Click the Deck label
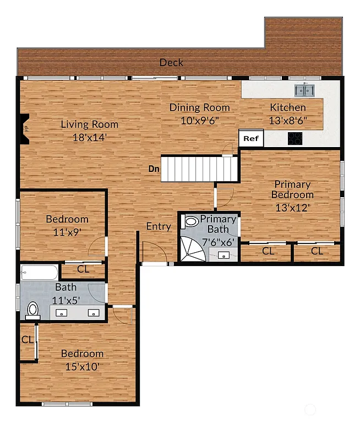[x=171, y=62]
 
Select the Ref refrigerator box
[x=251, y=139]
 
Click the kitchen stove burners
[x=295, y=138]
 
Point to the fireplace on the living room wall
[x=24, y=129]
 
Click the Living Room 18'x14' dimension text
[x=89, y=138]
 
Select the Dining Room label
[x=199, y=107]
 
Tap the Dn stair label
[x=154, y=169]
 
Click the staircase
[x=199, y=168]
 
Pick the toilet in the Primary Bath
[x=190, y=222]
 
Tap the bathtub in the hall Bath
[x=39, y=272]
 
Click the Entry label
[x=159, y=226]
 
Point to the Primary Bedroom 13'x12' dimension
[x=293, y=208]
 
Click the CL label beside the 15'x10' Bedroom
[x=27, y=340]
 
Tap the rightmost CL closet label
[x=317, y=251]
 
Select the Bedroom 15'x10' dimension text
[x=82, y=366]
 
